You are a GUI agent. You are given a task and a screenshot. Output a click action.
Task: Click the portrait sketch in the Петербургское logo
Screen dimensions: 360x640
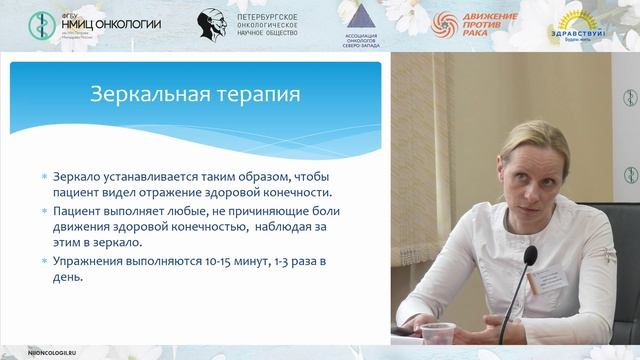click(211, 24)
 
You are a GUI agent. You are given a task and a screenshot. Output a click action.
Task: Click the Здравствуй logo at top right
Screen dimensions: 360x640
click(573, 26)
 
